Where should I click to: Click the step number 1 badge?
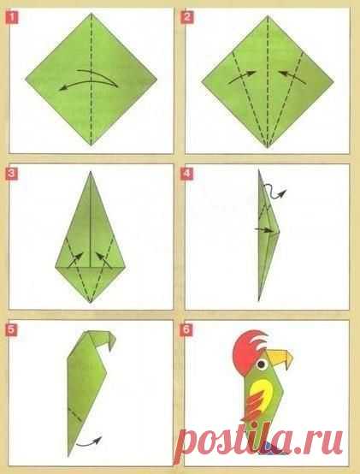(x=11, y=17)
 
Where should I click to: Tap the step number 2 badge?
(x=186, y=17)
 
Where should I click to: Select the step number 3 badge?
(x=11, y=174)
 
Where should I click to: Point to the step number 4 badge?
(x=186, y=174)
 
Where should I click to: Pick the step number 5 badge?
(x=11, y=329)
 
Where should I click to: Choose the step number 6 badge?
(x=186, y=329)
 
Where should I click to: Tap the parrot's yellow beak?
(x=280, y=358)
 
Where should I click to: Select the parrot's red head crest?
(x=248, y=347)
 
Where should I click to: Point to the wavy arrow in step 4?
(x=274, y=192)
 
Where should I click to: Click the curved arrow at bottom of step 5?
(x=89, y=441)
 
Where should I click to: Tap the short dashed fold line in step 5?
(x=75, y=414)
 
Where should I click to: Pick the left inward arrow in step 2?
(x=242, y=78)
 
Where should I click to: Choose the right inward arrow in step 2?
(x=292, y=78)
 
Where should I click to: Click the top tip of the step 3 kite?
(x=91, y=172)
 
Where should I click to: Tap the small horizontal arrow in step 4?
(x=263, y=230)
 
